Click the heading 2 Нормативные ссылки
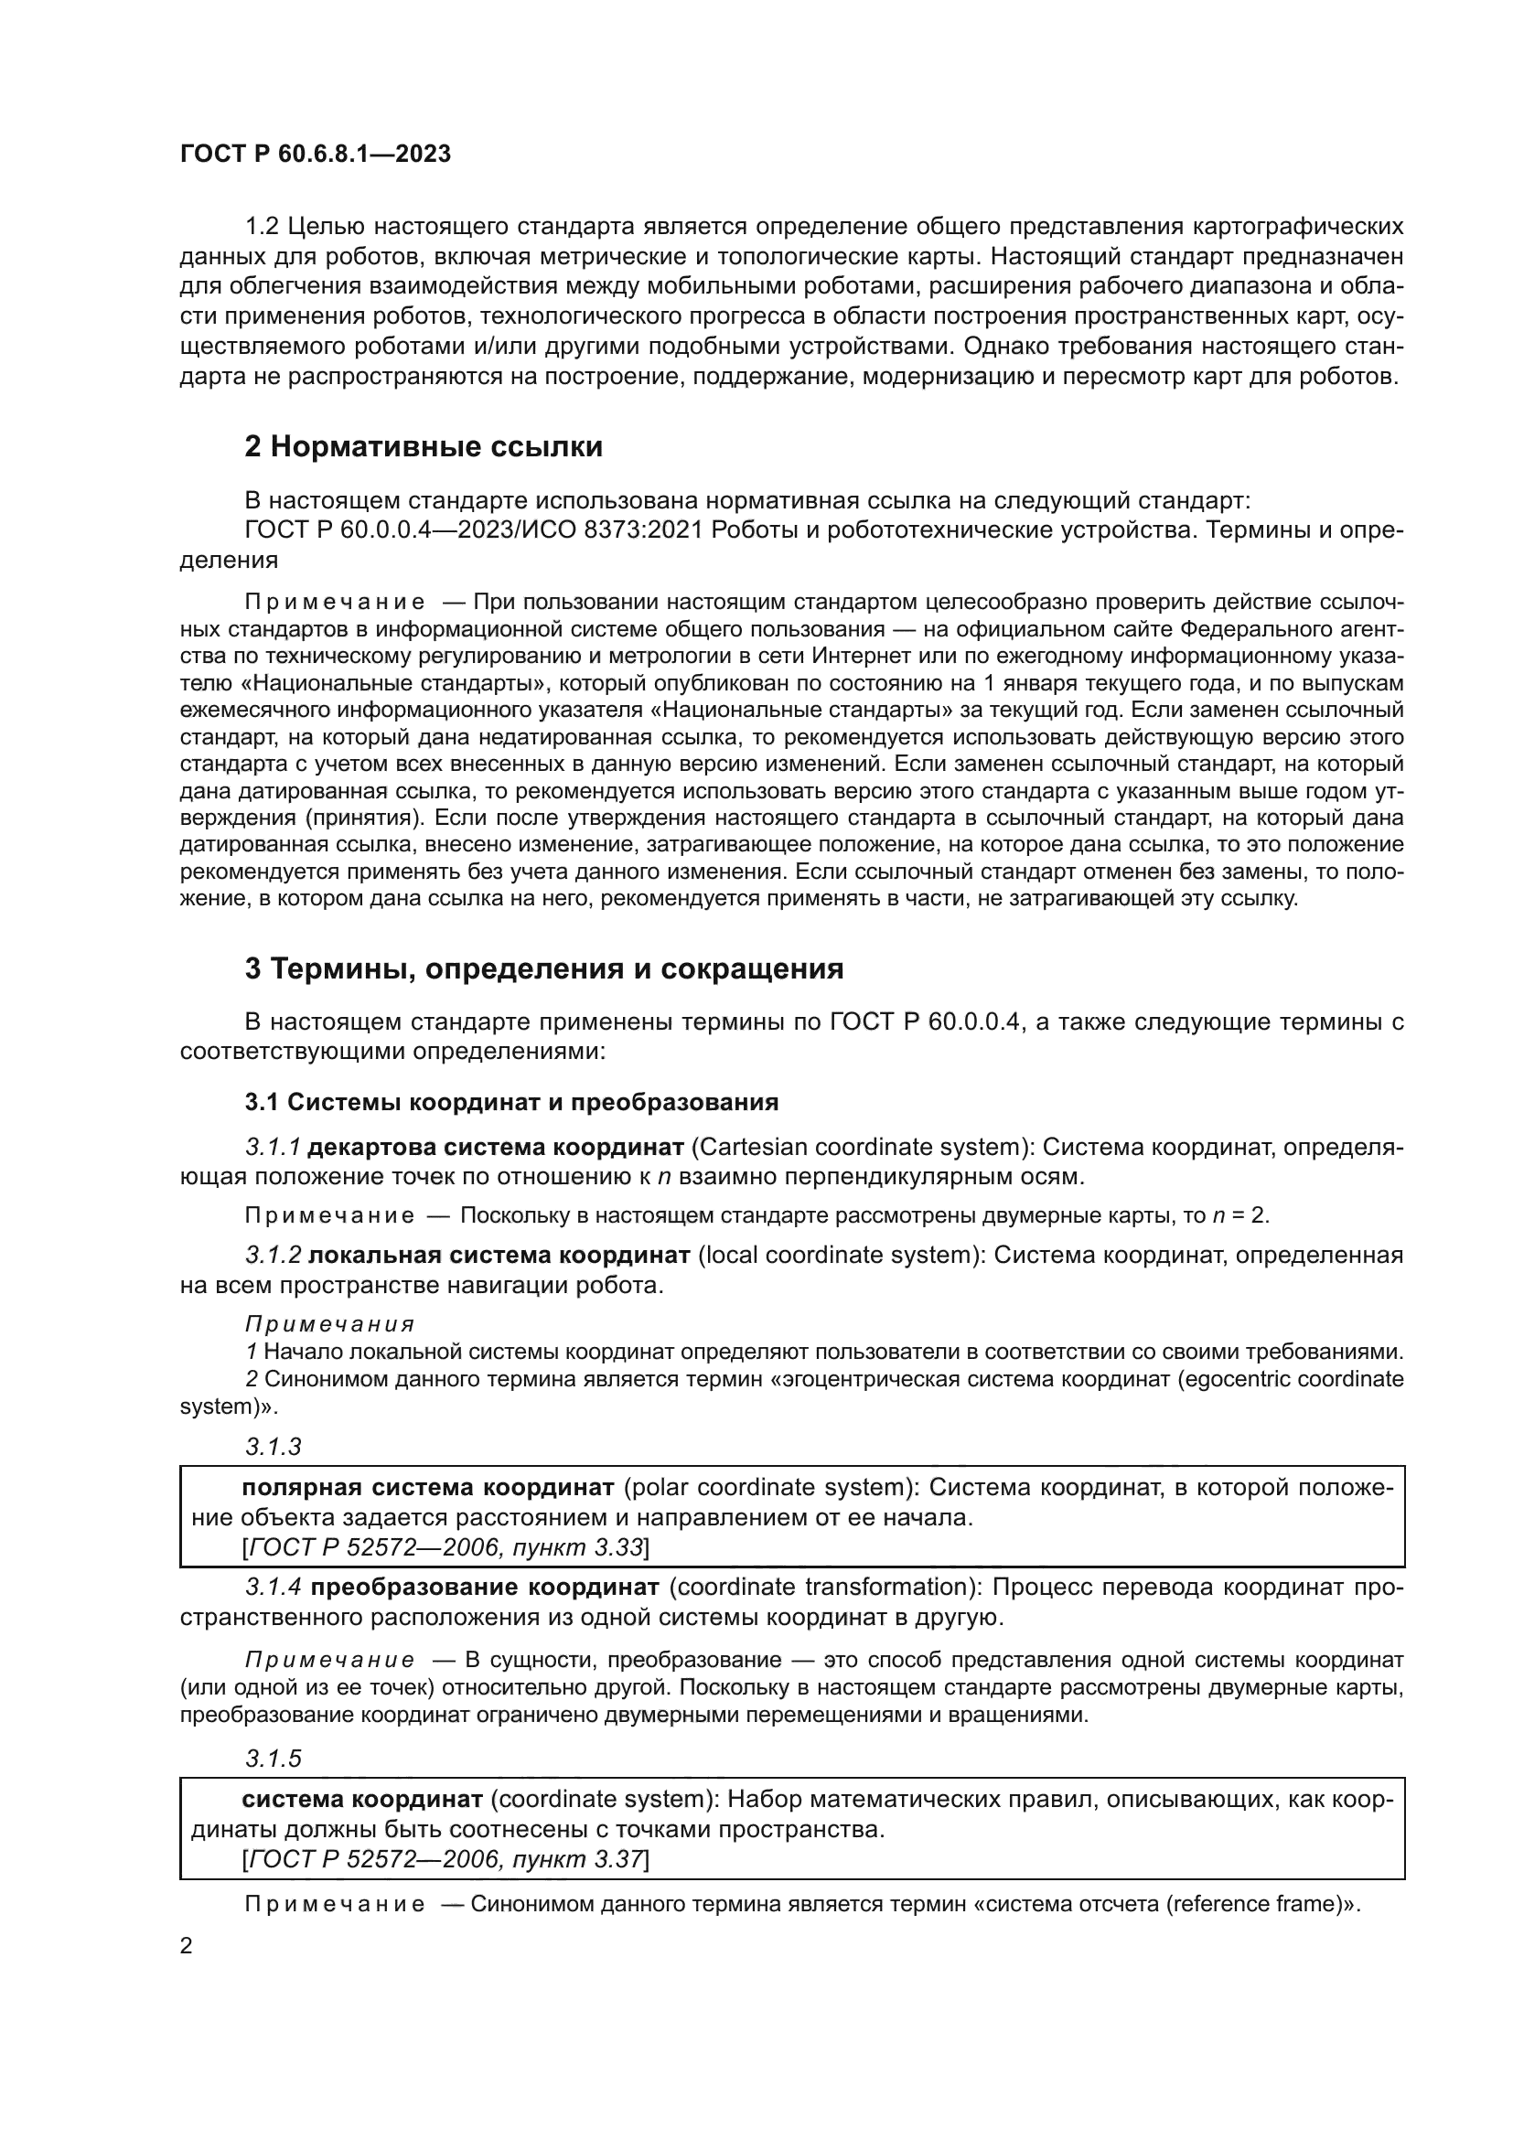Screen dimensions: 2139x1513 pyautogui.click(x=423, y=447)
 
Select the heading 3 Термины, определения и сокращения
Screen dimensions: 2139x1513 pyautogui.click(x=544, y=968)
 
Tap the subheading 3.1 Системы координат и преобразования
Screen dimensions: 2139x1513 pyautogui.click(x=511, y=1102)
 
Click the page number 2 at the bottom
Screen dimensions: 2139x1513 pyautogui.click(x=186, y=1946)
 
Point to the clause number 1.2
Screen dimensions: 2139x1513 pyautogui.click(x=262, y=227)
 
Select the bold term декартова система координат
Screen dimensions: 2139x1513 pyautogui.click(x=496, y=1147)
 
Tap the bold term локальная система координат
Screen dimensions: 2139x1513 pyautogui.click(x=499, y=1255)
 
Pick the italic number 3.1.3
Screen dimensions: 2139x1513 pyautogui.click(x=273, y=1447)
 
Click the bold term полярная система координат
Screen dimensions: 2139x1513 pyautogui.click(x=427, y=1487)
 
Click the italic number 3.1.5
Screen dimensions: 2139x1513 pyautogui.click(x=273, y=1759)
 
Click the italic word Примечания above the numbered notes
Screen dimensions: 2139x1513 pyautogui.click(x=330, y=1324)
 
